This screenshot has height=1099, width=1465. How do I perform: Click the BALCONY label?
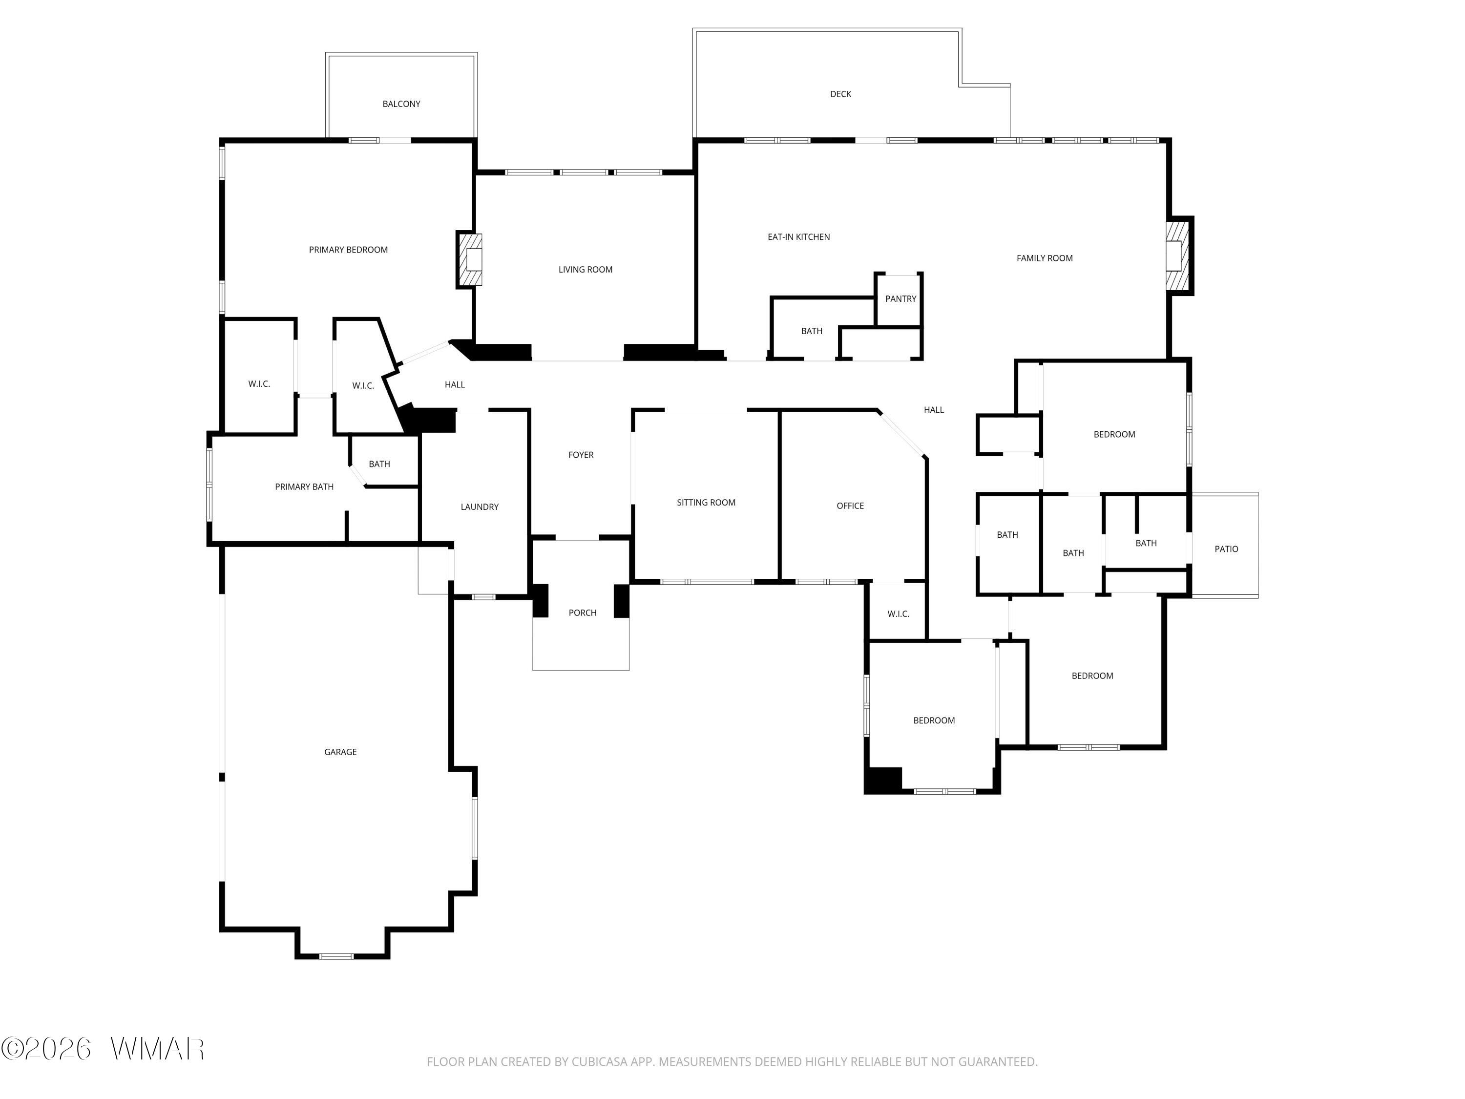[x=401, y=104]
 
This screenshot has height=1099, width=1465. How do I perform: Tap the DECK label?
[x=840, y=94]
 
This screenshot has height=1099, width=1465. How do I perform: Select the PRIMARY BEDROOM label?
[x=348, y=250]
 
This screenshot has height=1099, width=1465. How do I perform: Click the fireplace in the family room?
[x=1177, y=256]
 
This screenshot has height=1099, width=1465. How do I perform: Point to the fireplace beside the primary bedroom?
[x=470, y=259]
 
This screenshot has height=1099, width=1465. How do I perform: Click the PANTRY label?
[x=900, y=299]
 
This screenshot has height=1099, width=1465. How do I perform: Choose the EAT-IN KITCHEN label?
[x=799, y=237]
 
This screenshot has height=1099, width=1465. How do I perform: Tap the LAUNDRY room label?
[x=480, y=507]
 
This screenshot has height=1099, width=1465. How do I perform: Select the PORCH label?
[x=583, y=613]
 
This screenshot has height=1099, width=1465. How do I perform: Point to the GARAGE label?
[x=340, y=752]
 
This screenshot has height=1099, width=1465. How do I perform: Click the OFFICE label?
[x=850, y=506]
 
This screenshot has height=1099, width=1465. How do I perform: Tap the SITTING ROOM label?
[x=706, y=502]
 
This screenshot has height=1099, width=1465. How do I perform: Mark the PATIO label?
[x=1227, y=549]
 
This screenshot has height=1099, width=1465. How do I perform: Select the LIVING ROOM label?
[x=586, y=270]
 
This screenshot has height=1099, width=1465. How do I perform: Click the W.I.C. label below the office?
[x=898, y=613]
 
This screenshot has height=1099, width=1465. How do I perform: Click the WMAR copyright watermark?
[x=103, y=1049]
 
